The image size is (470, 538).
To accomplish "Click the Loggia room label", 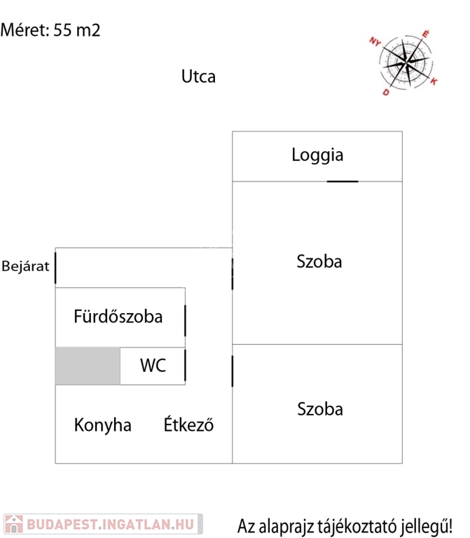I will (317, 155).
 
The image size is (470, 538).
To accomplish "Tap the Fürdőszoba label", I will (118, 317).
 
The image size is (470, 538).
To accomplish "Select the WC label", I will (153, 365).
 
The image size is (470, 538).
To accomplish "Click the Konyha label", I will (103, 425).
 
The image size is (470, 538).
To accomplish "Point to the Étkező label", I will (188, 425).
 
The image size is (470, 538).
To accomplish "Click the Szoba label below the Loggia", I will (319, 262).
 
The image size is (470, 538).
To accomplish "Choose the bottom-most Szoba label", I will (319, 409).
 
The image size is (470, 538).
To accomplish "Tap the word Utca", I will (198, 76).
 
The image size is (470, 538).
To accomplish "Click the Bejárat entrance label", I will (25, 267).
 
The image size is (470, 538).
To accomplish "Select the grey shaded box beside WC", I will (88, 366).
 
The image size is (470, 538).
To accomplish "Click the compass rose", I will (405, 62).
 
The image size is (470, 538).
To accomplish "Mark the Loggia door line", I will (343, 181).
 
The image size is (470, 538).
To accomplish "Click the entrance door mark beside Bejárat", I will (55, 268).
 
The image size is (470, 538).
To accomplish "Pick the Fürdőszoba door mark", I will (185, 320).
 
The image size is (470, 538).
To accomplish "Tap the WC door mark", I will (185, 366).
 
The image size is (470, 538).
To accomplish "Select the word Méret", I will (25, 30).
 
